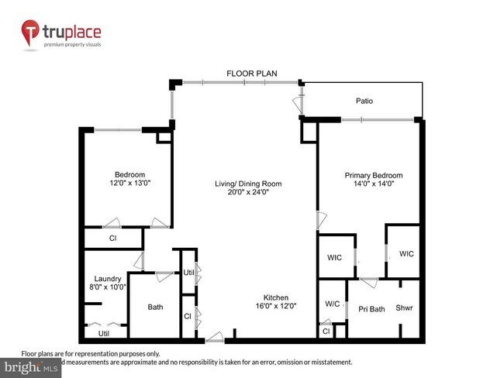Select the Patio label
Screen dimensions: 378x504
point(364,101)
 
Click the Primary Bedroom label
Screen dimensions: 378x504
point(371,176)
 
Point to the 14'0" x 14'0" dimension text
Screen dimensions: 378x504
point(371,184)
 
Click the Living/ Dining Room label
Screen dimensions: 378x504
point(248,184)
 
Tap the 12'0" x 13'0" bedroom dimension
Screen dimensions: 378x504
point(129,183)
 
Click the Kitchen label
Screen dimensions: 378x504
point(275,297)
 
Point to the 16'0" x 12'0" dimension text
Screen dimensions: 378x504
point(275,306)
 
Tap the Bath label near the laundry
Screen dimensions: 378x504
point(155,308)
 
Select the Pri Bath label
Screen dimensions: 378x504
point(371,309)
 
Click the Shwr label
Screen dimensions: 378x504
point(405,307)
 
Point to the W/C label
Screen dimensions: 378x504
point(332,304)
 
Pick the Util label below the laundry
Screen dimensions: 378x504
point(104,334)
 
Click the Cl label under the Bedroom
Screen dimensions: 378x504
point(112,239)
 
